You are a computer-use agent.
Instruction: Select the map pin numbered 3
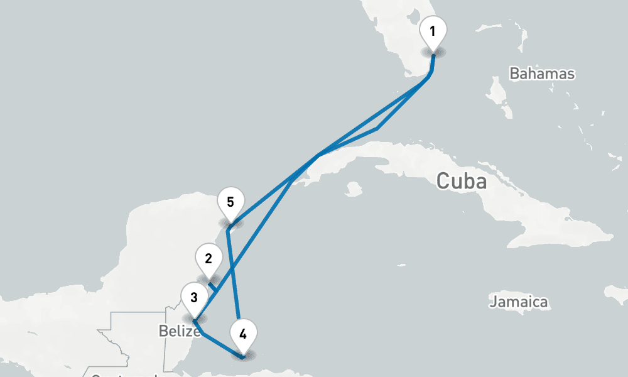point(194,298)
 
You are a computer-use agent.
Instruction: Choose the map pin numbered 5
point(230,204)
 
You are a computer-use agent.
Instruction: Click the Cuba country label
point(462,182)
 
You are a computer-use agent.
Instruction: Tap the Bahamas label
point(541,74)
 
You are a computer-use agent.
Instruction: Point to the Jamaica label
point(518,302)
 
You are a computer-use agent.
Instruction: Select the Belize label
point(179,331)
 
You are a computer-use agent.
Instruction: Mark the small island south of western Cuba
point(353,188)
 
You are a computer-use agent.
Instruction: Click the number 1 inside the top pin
point(433,30)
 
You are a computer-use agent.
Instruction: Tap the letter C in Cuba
point(443,182)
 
